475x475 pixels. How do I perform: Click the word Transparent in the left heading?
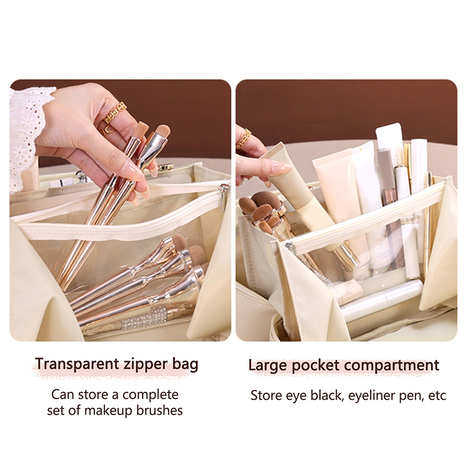(x=77, y=364)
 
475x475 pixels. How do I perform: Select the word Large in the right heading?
(x=268, y=366)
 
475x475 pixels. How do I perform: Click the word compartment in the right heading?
(x=391, y=366)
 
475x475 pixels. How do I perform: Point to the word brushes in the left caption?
(x=159, y=410)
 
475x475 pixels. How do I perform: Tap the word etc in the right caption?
(x=437, y=396)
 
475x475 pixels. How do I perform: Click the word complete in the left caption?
(x=151, y=395)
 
